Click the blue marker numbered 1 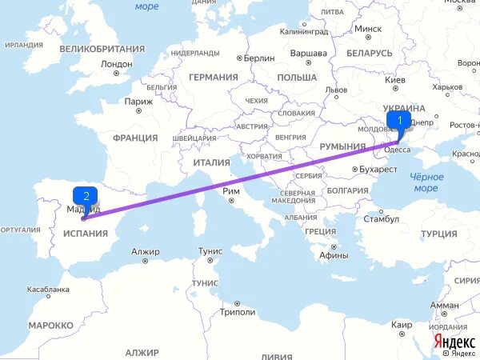[x=398, y=121]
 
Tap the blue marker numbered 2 [x=85, y=194]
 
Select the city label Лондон [x=117, y=63]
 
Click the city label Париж [x=138, y=102]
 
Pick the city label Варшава [x=308, y=53]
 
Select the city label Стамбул [x=381, y=218]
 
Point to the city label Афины [x=333, y=255]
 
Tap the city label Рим [x=232, y=190]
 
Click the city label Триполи [x=238, y=312]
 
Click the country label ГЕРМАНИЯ [x=214, y=77]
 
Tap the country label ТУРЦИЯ [x=438, y=234]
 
